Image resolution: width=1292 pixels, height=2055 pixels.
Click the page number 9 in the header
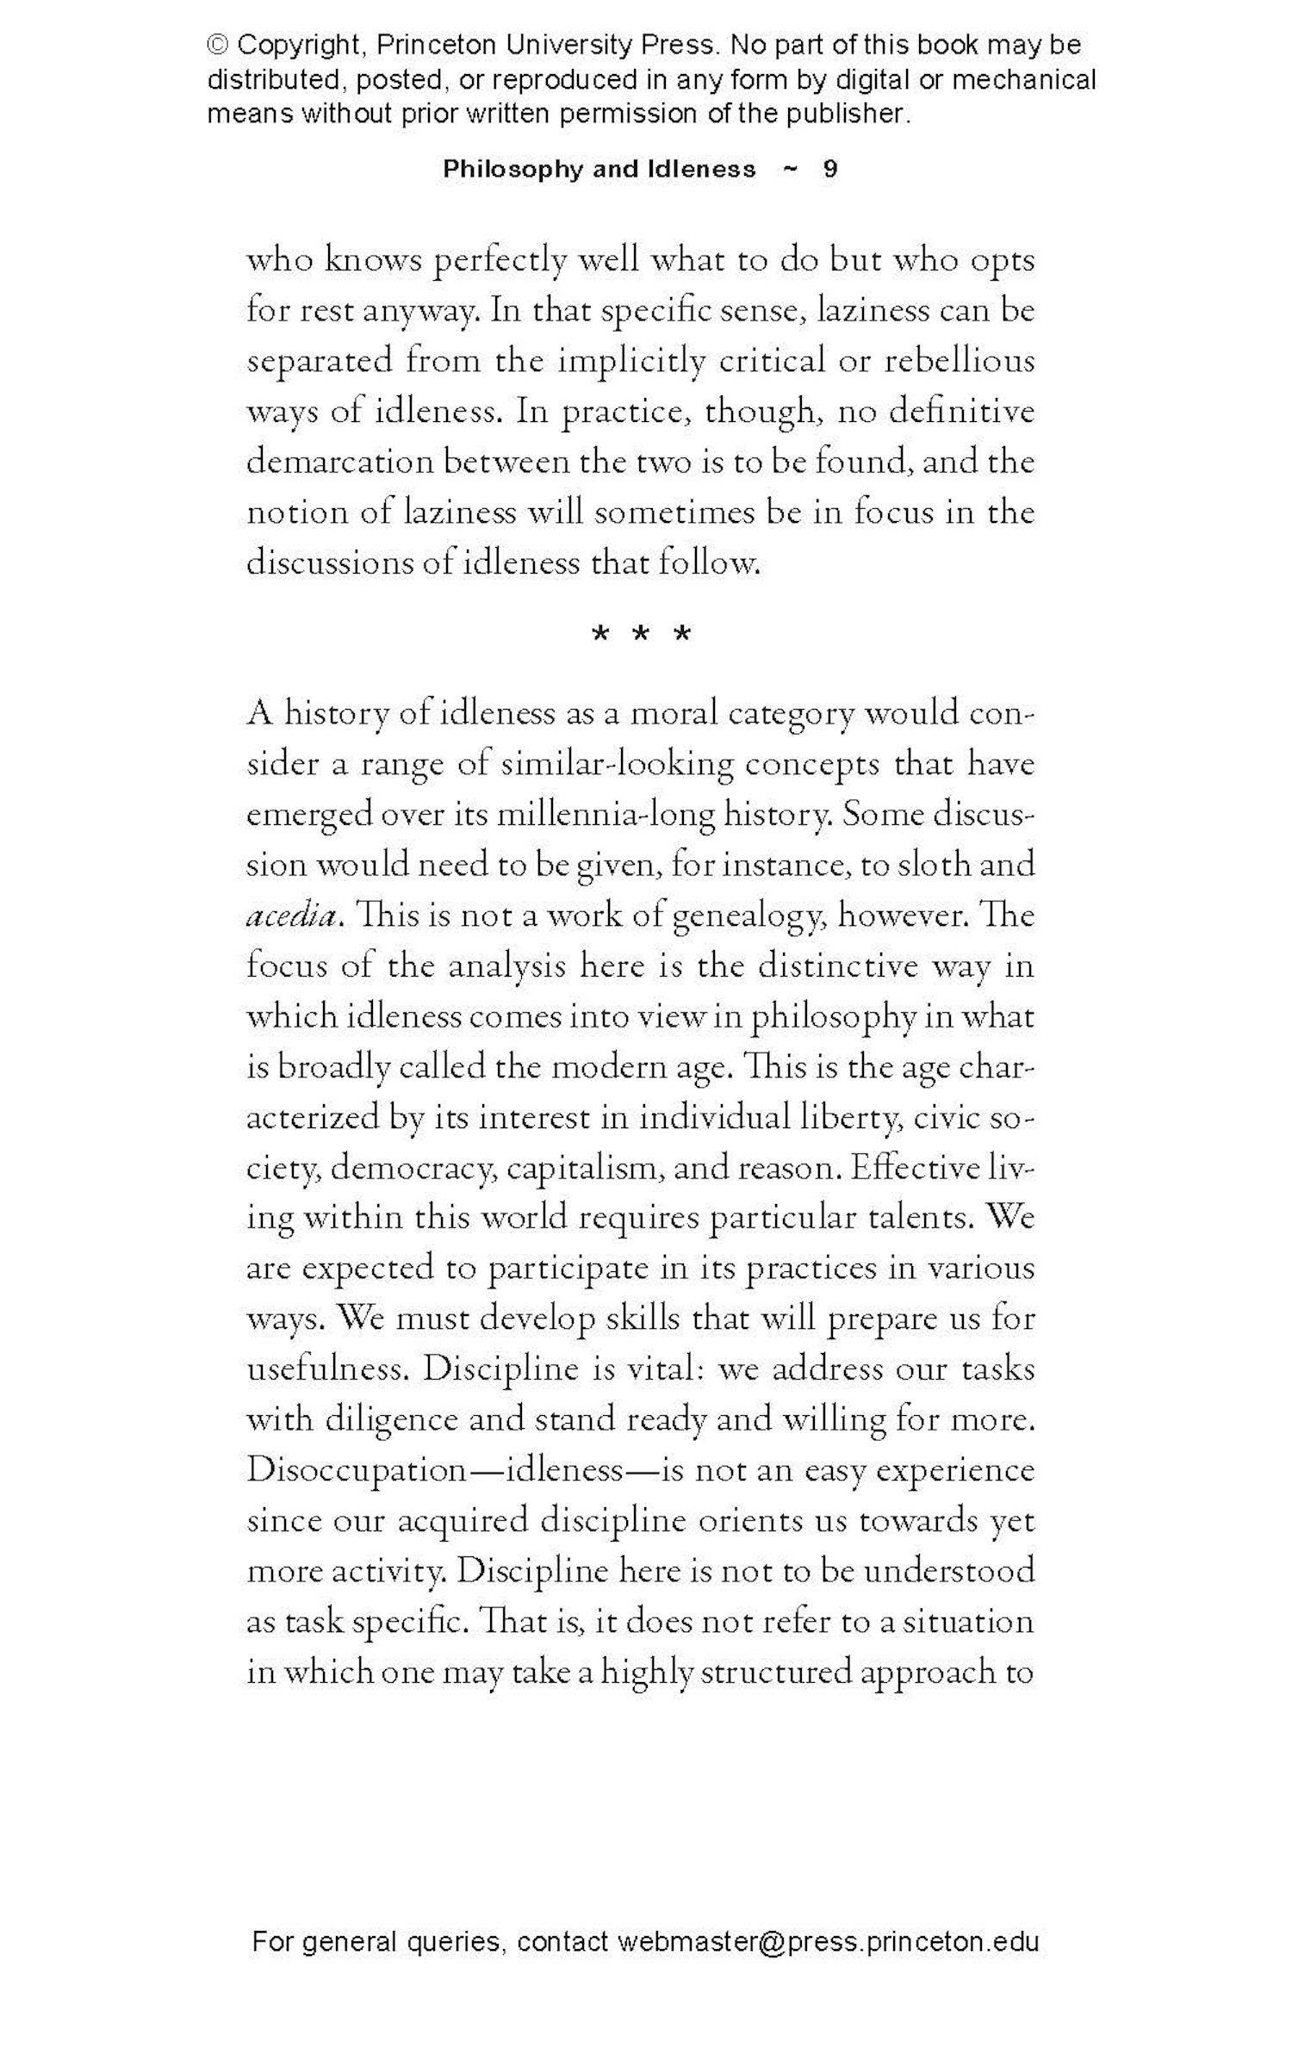coord(829,169)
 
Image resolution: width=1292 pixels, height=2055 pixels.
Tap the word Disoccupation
coord(356,1471)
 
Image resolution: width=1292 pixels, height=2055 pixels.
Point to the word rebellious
coord(960,361)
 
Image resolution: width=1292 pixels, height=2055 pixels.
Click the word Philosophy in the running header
coord(512,169)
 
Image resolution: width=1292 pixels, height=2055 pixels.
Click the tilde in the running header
coord(788,169)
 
